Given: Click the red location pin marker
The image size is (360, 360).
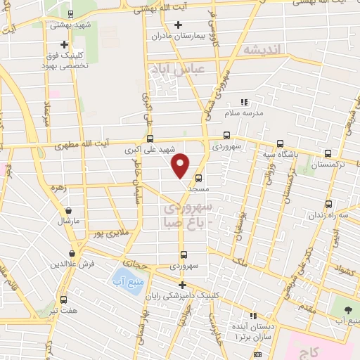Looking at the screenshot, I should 181,165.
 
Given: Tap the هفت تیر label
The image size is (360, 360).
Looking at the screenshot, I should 63,311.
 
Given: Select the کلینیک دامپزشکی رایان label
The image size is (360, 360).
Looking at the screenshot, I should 182,297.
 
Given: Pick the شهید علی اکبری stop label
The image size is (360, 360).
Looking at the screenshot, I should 157,150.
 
